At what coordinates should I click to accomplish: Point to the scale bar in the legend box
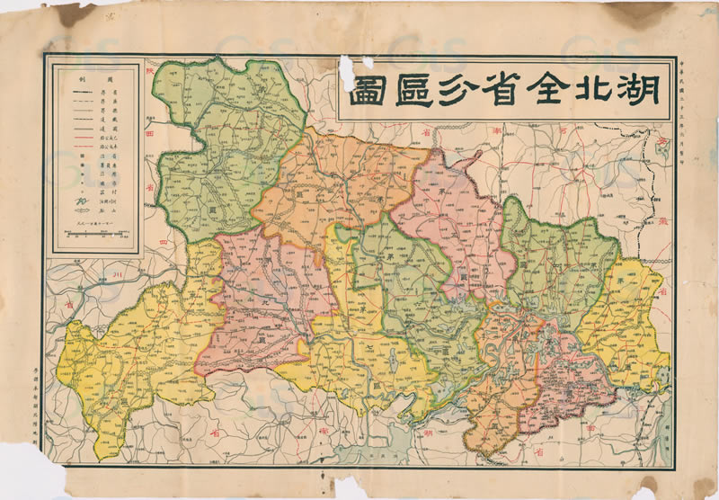click(x=94, y=237)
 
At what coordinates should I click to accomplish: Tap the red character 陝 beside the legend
click(x=151, y=78)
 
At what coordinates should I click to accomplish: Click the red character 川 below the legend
click(x=115, y=272)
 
